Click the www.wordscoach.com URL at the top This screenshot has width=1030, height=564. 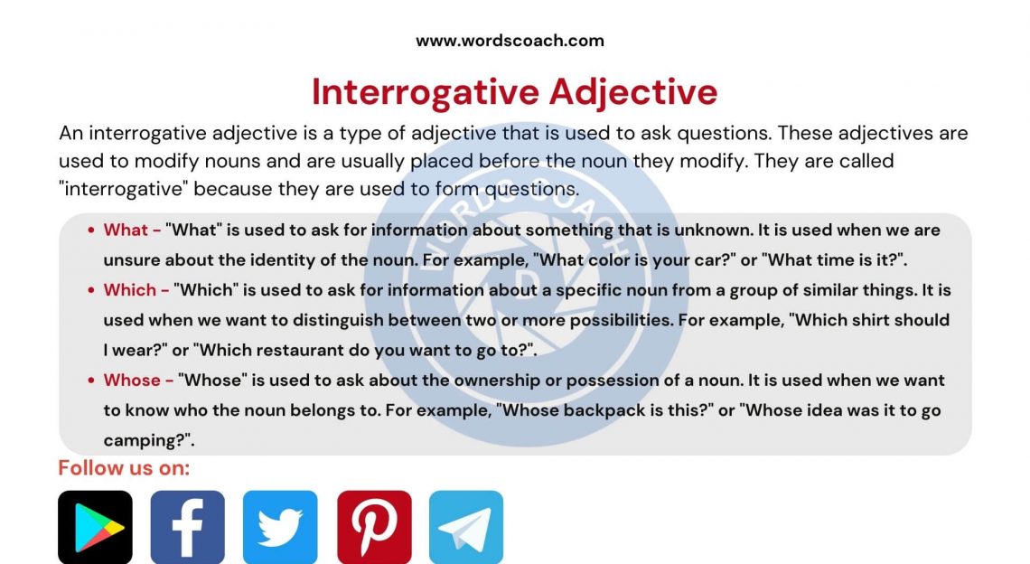pyautogui.click(x=510, y=41)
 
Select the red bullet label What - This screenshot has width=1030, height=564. pyautogui.click(x=132, y=230)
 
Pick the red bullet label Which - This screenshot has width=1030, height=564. pyautogui.click(x=136, y=290)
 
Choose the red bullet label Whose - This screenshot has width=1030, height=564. pyautogui.click(x=138, y=380)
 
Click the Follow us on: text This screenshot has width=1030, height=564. pyautogui.click(x=124, y=468)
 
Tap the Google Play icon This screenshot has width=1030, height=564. pyautogui.click(x=95, y=527)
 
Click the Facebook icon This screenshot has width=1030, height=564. pyautogui.click(x=187, y=527)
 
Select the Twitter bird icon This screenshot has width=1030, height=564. pyautogui.click(x=280, y=527)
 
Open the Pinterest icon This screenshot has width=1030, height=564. pyautogui.click(x=374, y=527)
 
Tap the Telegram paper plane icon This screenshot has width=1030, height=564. pyautogui.click(x=466, y=527)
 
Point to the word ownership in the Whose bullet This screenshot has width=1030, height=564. pyautogui.click(x=466, y=380)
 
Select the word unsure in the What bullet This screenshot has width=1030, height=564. pyautogui.click(x=130, y=260)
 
